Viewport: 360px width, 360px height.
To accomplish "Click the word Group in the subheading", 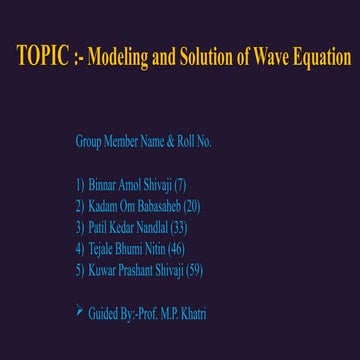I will click(x=88, y=141).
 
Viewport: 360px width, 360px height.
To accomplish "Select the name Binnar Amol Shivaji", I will click(x=130, y=185).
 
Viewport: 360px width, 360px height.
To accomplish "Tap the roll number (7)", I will click(x=180, y=185).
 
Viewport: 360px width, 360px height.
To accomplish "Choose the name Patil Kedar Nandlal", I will click(x=133, y=227).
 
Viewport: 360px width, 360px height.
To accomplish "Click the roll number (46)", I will click(x=176, y=248).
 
